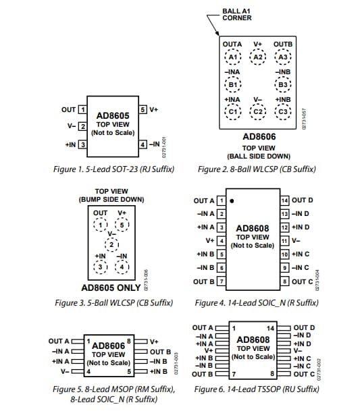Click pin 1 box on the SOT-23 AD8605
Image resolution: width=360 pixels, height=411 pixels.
point(82,109)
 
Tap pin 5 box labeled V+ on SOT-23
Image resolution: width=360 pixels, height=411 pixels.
point(143,109)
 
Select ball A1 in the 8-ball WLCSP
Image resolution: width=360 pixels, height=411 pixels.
point(232,57)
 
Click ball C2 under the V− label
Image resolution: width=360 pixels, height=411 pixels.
point(257,111)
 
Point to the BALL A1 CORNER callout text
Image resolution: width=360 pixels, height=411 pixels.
point(237,14)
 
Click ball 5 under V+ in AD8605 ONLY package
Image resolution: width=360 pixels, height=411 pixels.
point(122,225)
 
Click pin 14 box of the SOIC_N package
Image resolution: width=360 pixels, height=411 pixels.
point(284,200)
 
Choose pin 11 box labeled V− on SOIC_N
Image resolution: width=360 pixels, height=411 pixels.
point(284,240)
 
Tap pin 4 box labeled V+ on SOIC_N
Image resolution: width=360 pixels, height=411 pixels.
point(220,240)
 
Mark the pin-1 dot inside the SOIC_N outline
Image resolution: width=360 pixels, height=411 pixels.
point(232,201)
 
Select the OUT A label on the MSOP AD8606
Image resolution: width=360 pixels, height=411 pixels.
point(60,341)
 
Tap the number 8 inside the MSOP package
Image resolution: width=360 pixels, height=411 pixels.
point(127,341)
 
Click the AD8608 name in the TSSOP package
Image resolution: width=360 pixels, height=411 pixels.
point(253,339)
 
